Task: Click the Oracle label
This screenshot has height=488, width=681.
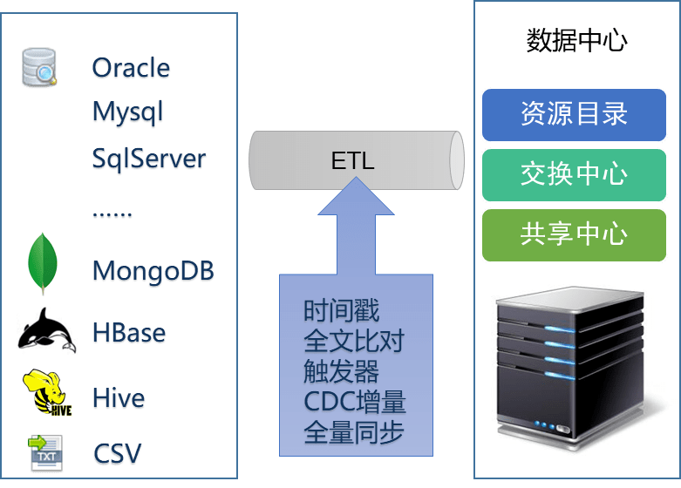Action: [131, 68]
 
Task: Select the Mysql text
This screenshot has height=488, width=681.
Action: [128, 113]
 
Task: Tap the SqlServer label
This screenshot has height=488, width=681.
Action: [149, 159]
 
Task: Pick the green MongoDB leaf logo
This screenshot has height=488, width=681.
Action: [42, 264]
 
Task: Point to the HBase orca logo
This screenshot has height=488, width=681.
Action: [47, 330]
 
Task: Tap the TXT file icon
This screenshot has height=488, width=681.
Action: [45, 453]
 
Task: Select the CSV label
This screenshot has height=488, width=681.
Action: [118, 454]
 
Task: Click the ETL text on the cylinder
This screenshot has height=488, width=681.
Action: [353, 161]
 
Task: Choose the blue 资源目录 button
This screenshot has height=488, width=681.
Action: [574, 114]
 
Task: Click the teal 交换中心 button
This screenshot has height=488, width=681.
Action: [574, 174]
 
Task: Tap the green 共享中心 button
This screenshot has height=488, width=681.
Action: [574, 234]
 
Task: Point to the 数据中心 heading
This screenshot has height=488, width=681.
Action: [577, 41]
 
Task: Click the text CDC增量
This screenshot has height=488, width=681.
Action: [355, 403]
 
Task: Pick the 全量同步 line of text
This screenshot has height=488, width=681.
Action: [354, 433]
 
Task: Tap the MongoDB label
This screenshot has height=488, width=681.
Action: [153, 271]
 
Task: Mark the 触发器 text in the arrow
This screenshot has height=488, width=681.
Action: [342, 372]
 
